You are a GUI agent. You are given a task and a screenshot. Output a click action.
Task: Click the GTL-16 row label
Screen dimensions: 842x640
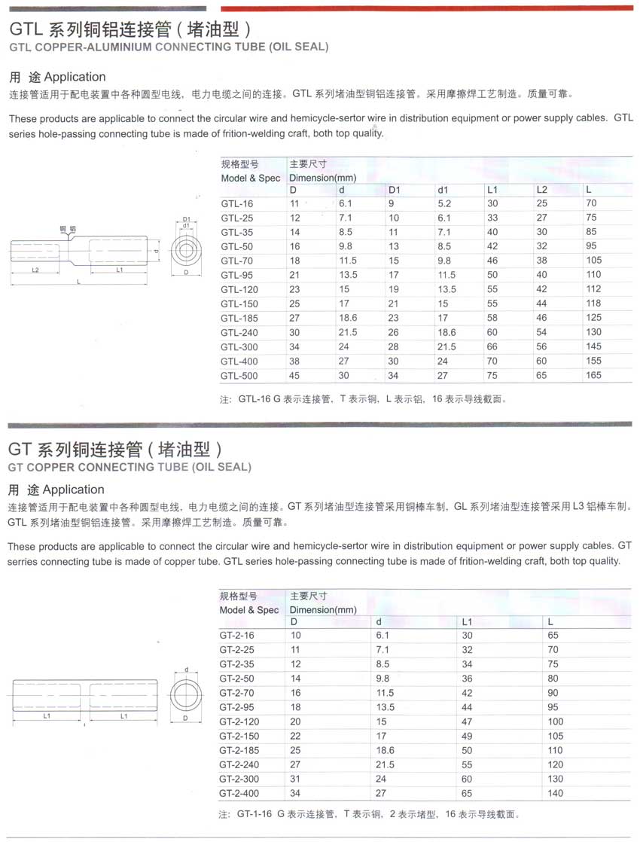pyautogui.click(x=233, y=203)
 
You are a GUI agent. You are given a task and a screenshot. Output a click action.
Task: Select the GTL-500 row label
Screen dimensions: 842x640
pyautogui.click(x=239, y=375)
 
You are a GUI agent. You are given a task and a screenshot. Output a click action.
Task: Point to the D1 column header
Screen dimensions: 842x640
pyautogui.click(x=395, y=190)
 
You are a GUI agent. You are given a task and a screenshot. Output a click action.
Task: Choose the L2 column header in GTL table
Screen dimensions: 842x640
pyautogui.click(x=541, y=190)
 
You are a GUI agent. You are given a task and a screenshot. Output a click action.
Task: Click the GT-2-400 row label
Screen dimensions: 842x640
pyautogui.click(x=240, y=793)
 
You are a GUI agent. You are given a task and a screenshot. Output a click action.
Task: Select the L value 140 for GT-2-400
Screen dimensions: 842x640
pyautogui.click(x=555, y=793)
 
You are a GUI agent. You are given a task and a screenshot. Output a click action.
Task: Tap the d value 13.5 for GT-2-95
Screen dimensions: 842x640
pyautogui.click(x=386, y=706)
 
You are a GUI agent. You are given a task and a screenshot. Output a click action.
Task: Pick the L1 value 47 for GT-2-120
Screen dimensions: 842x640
pyautogui.click(x=466, y=721)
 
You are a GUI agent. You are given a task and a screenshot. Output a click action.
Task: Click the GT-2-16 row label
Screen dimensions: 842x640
pyautogui.click(x=237, y=635)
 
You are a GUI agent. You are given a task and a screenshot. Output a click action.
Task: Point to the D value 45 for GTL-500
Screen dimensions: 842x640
pyautogui.click(x=294, y=375)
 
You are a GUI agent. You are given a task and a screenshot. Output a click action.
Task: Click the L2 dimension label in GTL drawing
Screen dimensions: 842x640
pyautogui.click(x=35, y=269)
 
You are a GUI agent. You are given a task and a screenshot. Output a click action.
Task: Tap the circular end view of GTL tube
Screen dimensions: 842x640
pyautogui.click(x=186, y=250)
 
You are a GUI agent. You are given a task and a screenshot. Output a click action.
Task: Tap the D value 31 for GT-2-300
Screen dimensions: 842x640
pyautogui.click(x=295, y=779)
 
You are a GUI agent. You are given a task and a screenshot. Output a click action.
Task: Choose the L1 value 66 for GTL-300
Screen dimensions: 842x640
pyautogui.click(x=492, y=346)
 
